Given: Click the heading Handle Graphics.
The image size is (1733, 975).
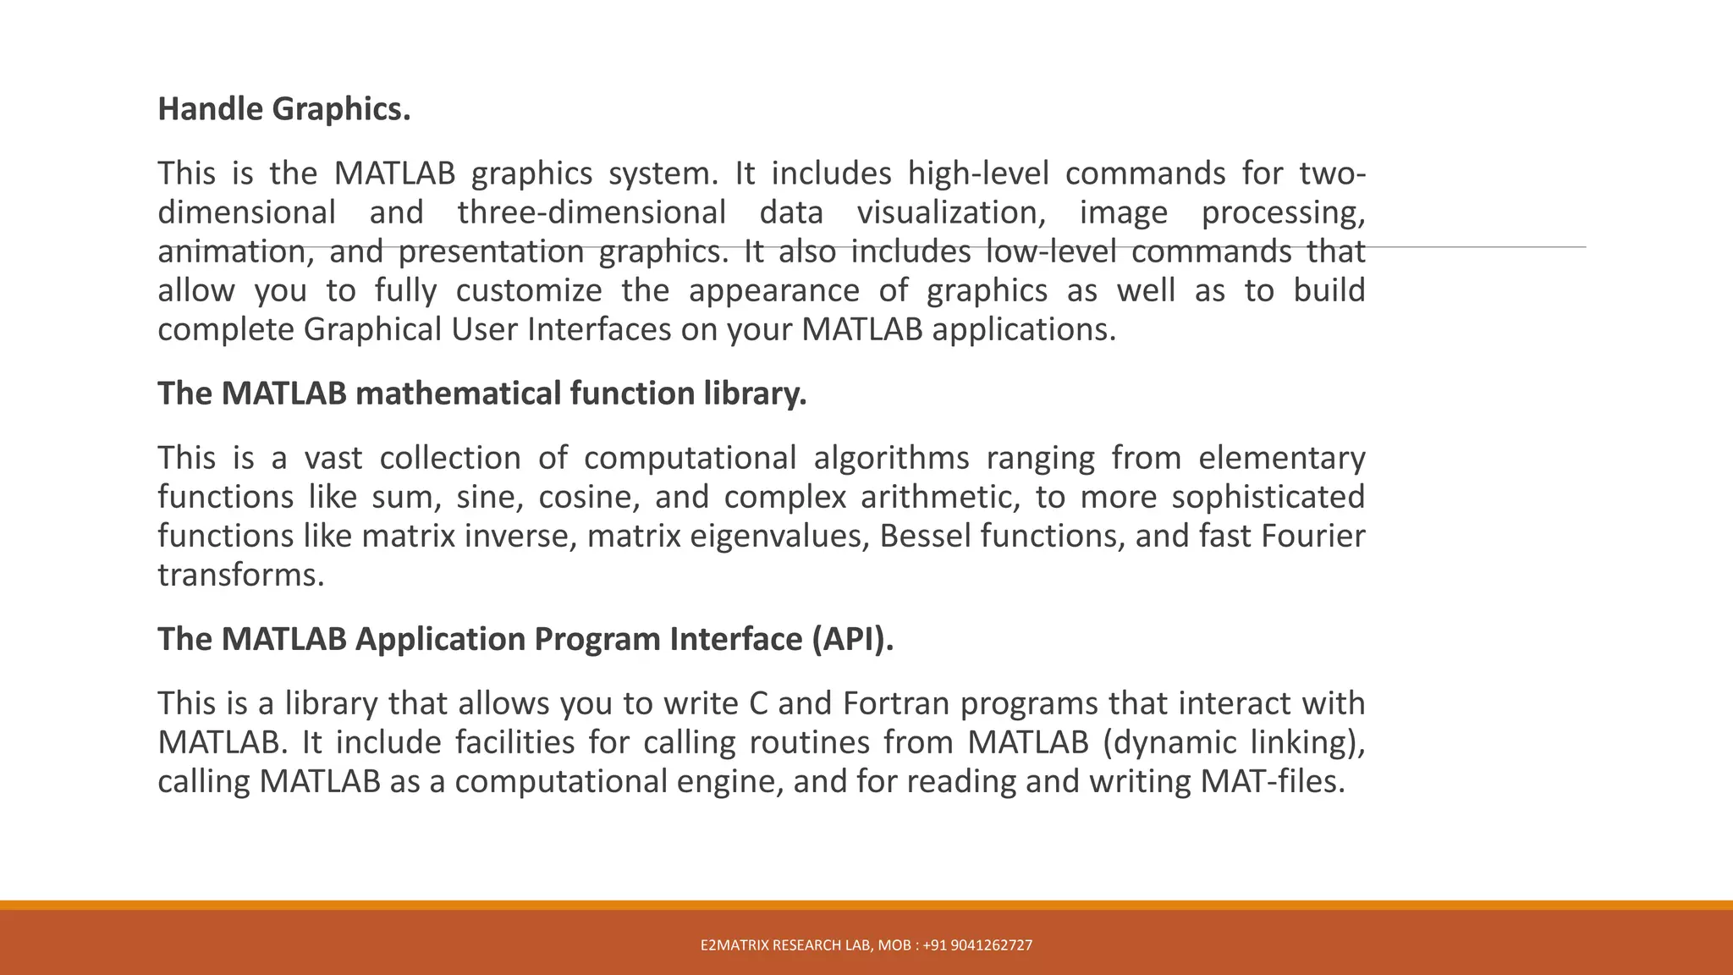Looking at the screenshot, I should tap(284, 109).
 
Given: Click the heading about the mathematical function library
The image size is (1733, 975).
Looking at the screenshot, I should tap(482, 394).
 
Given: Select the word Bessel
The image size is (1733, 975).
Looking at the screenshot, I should tap(925, 536).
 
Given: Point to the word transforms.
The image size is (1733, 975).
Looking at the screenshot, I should tap(241, 575).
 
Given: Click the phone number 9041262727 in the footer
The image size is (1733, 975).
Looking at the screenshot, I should tap(991, 945).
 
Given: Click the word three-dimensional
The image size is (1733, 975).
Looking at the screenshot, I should tap(591, 212).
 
